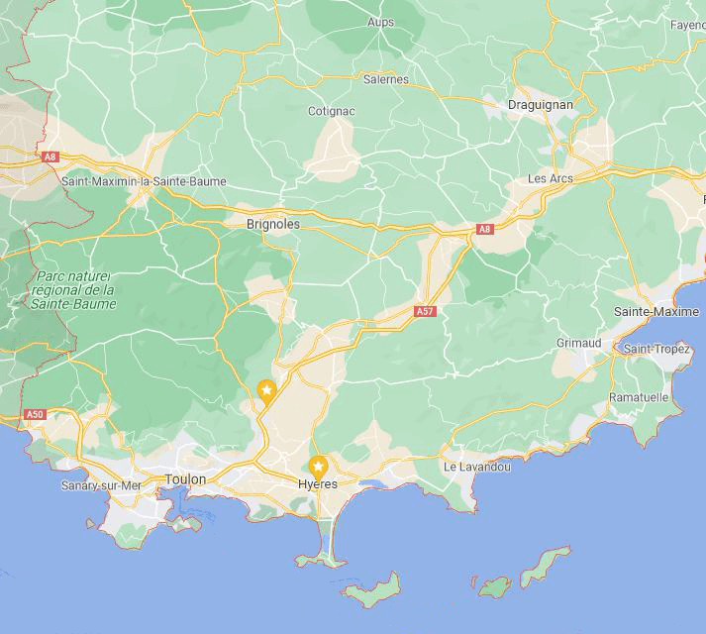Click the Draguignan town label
point(540,104)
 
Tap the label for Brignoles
point(272,225)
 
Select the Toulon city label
point(185,479)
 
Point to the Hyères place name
point(318,484)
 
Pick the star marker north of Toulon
point(266,390)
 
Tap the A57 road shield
point(425,311)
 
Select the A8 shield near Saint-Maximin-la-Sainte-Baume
point(50,157)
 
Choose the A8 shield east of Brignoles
point(484,230)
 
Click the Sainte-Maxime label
point(656,312)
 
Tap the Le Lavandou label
point(476,467)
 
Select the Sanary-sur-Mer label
point(102,485)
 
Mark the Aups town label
point(380,22)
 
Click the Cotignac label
point(332,111)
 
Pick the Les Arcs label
point(551,179)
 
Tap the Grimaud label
point(578,343)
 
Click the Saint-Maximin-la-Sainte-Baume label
point(144,181)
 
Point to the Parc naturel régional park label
point(74,290)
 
